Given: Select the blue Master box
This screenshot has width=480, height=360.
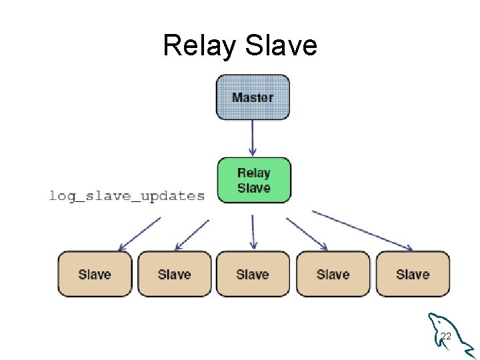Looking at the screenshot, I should click(x=253, y=97).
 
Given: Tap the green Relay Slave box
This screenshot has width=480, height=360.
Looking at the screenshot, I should click(x=253, y=180).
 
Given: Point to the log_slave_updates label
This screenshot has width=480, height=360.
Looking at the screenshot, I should click(x=127, y=196).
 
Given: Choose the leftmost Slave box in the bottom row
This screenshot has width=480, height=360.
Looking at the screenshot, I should click(x=94, y=274).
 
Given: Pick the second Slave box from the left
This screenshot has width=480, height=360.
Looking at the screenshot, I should click(x=174, y=274).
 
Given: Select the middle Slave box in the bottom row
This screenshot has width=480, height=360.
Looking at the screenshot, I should click(x=253, y=274).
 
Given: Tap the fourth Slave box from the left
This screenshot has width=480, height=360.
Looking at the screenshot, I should click(x=333, y=274).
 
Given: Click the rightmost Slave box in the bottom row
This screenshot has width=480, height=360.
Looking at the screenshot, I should click(x=413, y=274).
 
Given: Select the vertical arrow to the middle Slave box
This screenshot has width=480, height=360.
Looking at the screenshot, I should click(x=253, y=231).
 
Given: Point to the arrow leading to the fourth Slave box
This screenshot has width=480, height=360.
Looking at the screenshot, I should click(x=307, y=234).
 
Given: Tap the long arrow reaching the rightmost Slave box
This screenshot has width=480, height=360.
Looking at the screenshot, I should click(x=363, y=231).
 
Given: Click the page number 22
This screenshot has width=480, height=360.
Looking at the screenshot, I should click(x=446, y=337).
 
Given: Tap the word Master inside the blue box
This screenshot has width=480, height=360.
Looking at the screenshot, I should click(x=253, y=97).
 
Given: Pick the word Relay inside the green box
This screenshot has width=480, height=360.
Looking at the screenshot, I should click(x=253, y=173).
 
